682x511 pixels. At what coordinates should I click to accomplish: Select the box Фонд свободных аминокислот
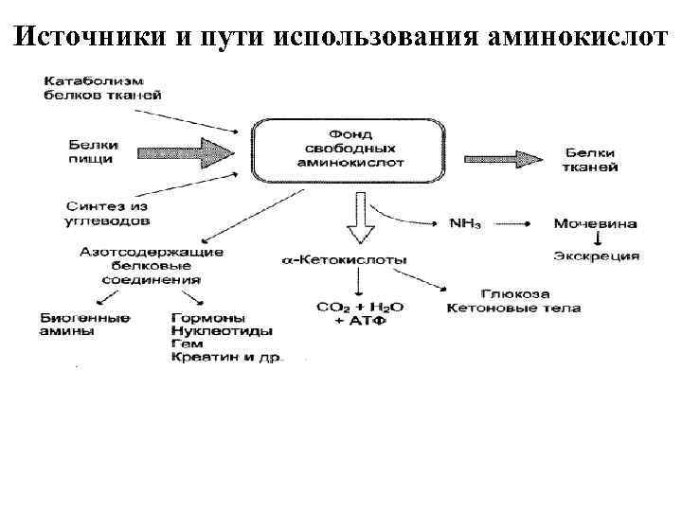pyautogui.click(x=350, y=149)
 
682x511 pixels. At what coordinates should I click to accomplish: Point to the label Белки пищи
pyautogui.click(x=92, y=151)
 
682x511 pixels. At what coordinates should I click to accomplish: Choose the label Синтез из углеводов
pyautogui.click(x=107, y=212)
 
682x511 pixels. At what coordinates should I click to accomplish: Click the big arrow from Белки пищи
pyautogui.click(x=186, y=151)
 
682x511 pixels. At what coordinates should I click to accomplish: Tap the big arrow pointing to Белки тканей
pyautogui.click(x=506, y=158)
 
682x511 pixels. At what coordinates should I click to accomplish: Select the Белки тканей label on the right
pyautogui.click(x=593, y=159)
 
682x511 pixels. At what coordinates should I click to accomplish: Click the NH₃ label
pyautogui.click(x=465, y=224)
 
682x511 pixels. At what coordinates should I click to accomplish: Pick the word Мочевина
pyautogui.click(x=595, y=224)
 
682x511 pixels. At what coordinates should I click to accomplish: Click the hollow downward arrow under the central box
pyautogui.click(x=361, y=218)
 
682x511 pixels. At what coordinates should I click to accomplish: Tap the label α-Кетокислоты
pyautogui.click(x=347, y=258)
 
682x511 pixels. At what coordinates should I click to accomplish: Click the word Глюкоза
pyautogui.click(x=515, y=294)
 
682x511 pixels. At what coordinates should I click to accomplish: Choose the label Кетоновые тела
pyautogui.click(x=513, y=308)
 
